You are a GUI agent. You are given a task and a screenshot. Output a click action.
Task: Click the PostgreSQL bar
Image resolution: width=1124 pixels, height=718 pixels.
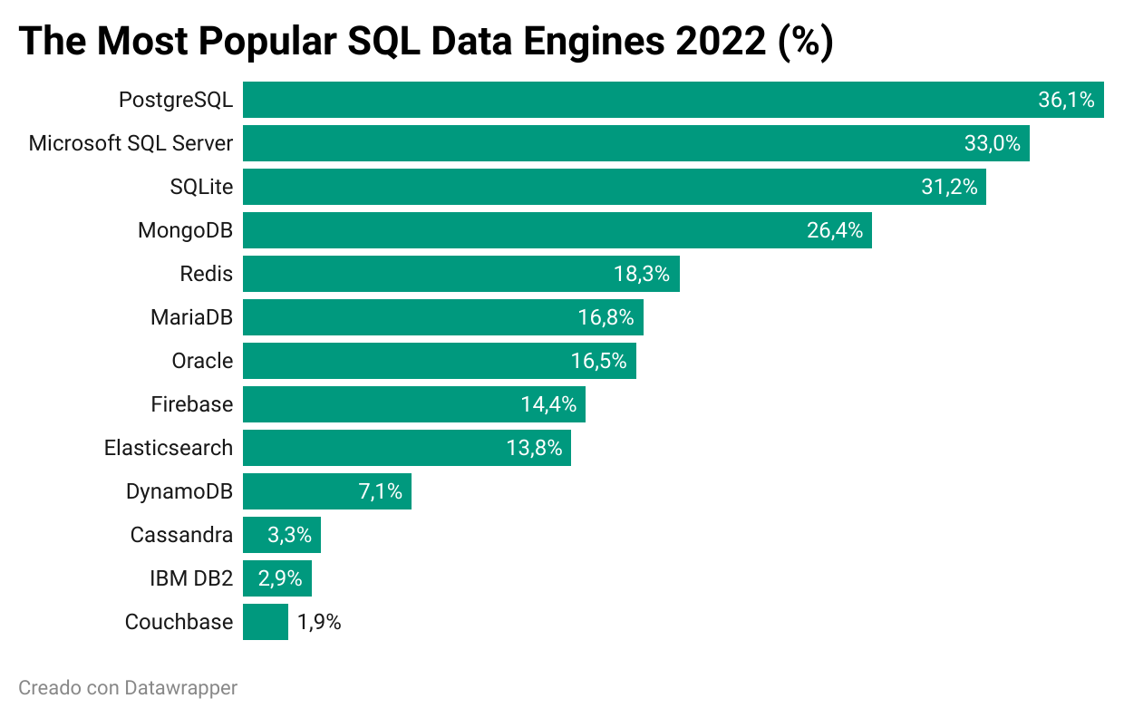click(x=635, y=100)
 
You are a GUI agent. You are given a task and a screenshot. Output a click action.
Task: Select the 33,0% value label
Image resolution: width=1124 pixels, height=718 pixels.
click(x=992, y=143)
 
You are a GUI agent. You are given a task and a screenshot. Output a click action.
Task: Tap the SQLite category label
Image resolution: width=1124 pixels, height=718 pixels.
click(x=201, y=187)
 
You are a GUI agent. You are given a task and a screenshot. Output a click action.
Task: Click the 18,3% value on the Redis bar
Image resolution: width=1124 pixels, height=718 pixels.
click(x=641, y=274)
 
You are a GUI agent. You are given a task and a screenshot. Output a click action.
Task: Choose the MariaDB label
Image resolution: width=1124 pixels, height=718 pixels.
click(x=191, y=317)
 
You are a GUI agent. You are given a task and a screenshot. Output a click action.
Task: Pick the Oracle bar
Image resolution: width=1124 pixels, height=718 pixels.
click(x=408, y=361)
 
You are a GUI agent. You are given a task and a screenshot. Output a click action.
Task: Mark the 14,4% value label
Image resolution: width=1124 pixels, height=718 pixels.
click(x=548, y=404)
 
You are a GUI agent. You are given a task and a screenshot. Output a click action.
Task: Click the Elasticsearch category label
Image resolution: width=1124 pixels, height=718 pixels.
click(x=169, y=448)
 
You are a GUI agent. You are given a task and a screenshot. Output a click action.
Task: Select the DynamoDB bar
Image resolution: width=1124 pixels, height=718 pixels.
click(x=299, y=491)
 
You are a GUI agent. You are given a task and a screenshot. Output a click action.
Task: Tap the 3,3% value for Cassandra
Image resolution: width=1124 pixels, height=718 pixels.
click(x=289, y=535)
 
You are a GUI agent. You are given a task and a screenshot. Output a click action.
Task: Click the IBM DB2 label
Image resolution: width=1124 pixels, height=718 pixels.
click(x=191, y=578)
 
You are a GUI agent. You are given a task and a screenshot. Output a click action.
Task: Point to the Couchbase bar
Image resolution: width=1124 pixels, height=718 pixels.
click(x=265, y=622)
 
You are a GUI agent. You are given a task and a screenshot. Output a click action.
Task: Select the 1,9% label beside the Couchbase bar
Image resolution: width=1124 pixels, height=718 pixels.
click(x=319, y=622)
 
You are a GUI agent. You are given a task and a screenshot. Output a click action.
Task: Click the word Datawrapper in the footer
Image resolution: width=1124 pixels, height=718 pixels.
click(x=181, y=688)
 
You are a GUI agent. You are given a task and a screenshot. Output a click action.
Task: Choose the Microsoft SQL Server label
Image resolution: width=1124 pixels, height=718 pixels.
click(x=131, y=143)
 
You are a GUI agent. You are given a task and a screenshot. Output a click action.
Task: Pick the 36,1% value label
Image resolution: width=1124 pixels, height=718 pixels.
click(x=1066, y=100)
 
